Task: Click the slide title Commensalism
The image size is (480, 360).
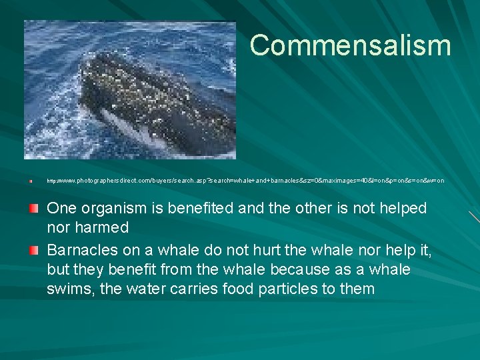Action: tap(350, 45)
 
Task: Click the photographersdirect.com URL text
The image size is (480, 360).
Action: tap(245, 181)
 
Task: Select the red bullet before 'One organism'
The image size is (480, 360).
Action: tap(33, 209)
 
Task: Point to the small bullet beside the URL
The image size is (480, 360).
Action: tap(31, 181)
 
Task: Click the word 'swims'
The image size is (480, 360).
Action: tap(70, 289)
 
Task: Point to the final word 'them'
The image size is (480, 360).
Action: tap(359, 289)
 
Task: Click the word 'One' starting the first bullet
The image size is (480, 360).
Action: tap(61, 209)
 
